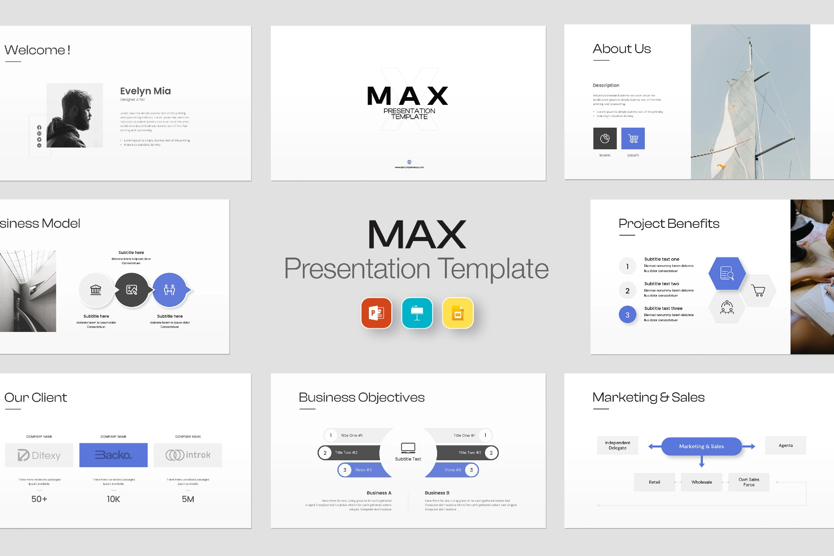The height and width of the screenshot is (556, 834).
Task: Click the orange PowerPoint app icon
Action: (x=376, y=313)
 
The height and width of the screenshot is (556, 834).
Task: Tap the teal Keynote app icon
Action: (x=417, y=313)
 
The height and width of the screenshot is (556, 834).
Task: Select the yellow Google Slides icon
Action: (x=457, y=313)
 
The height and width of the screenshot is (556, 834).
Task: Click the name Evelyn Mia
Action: (x=145, y=91)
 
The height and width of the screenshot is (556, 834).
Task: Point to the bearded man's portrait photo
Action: (x=75, y=115)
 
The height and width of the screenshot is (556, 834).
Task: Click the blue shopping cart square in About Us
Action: (x=633, y=138)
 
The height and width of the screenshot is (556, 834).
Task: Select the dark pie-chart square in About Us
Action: (x=605, y=138)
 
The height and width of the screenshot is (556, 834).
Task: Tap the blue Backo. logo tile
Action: (x=113, y=455)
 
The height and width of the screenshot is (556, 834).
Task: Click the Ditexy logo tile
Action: (x=39, y=455)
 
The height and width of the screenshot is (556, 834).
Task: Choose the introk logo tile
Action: (x=188, y=455)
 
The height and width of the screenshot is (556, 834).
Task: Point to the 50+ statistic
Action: (x=39, y=499)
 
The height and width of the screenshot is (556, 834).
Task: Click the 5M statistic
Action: (x=188, y=499)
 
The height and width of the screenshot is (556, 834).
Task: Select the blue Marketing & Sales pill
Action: (x=701, y=446)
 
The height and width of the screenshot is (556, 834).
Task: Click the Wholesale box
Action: (x=702, y=482)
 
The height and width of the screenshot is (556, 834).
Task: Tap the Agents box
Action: (x=785, y=446)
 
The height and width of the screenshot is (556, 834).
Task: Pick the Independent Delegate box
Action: (x=617, y=446)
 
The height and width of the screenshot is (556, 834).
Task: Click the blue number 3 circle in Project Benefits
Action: (x=627, y=315)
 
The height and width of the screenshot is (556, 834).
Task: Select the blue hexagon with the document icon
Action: (x=727, y=274)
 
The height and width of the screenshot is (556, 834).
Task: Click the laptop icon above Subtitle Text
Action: (x=408, y=447)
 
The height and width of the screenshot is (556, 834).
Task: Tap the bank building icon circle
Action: (x=96, y=290)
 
